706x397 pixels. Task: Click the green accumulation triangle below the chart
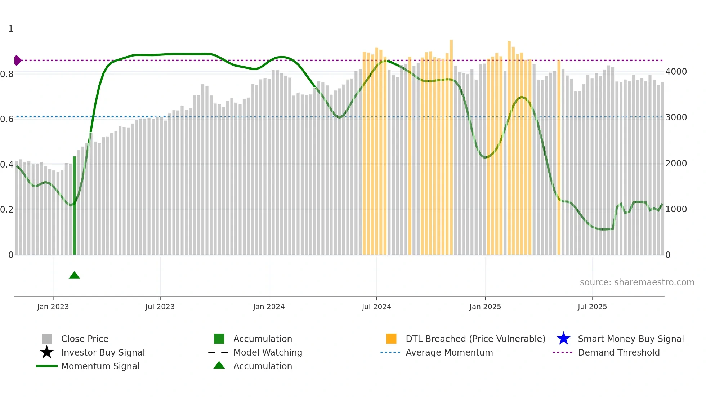[74, 276]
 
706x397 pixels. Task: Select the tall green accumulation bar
[75, 205]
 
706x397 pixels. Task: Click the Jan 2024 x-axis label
[269, 307]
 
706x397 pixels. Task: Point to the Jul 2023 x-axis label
[160, 307]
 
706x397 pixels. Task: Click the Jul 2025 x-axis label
[592, 307]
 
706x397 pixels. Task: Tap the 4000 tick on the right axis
[676, 72]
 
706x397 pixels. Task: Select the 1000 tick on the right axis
[676, 209]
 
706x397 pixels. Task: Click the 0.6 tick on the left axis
[7, 119]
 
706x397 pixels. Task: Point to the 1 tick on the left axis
[11, 29]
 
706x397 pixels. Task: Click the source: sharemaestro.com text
[637, 282]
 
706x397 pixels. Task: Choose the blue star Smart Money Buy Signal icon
[563, 339]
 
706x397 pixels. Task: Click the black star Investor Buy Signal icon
[47, 352]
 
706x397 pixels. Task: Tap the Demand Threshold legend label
[618, 352]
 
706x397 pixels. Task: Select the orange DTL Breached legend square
[391, 339]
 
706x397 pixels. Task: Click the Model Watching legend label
[268, 352]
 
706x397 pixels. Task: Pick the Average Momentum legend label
[449, 352]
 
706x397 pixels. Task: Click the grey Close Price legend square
[47, 339]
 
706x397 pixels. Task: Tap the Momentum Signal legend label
[100, 366]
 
